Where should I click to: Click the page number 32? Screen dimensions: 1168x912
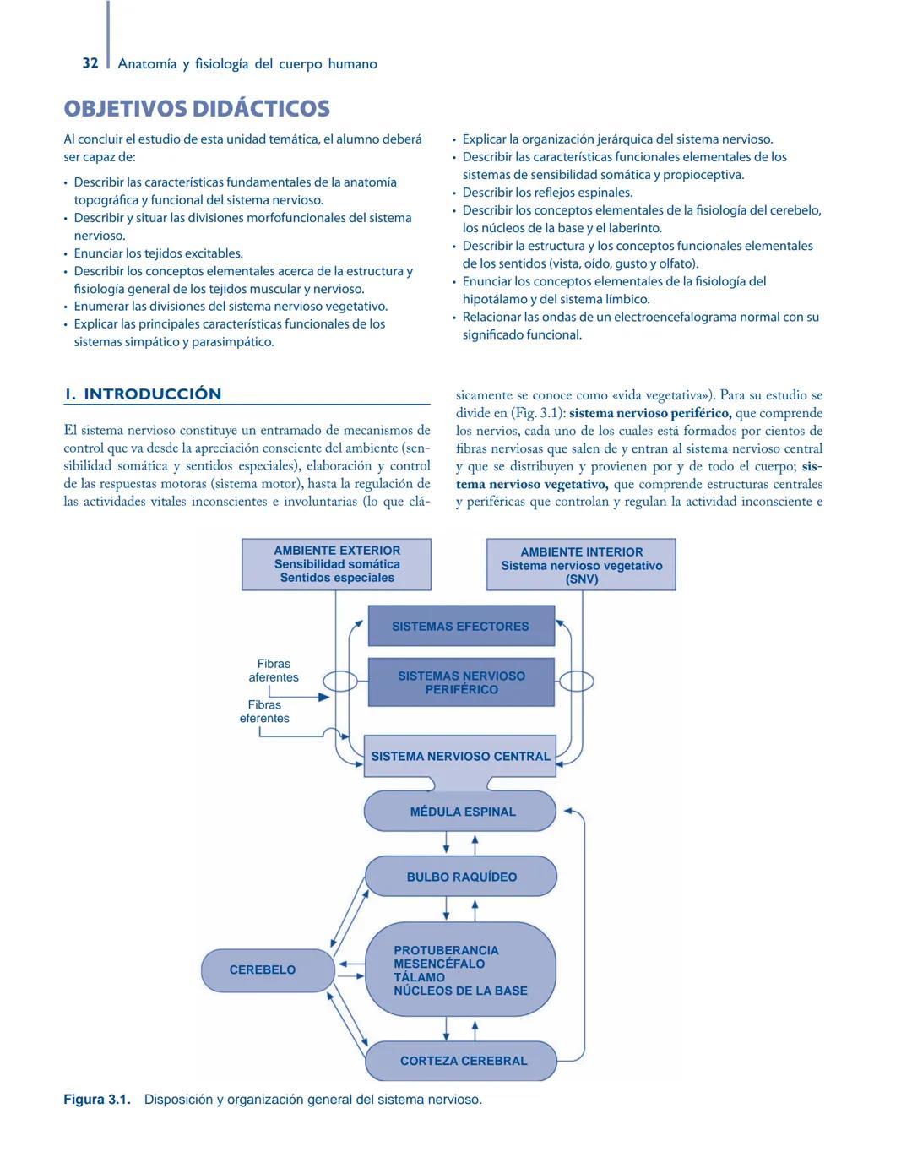(90, 63)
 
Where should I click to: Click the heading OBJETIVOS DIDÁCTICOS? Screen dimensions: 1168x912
(197, 109)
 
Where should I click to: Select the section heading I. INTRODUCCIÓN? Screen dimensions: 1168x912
(144, 394)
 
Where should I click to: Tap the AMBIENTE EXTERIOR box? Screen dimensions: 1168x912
(337, 564)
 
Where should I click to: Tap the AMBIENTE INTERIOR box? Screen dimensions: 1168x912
(581, 565)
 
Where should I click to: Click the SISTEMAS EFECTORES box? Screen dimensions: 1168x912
(461, 627)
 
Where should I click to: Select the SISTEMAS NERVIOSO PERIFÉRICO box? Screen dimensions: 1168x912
(461, 682)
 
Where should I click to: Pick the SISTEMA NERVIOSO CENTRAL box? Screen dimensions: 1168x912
(460, 757)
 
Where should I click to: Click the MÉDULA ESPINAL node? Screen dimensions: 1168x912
(461, 812)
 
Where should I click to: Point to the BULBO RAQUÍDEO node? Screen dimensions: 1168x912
(461, 877)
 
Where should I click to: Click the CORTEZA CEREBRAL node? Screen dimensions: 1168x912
(462, 1061)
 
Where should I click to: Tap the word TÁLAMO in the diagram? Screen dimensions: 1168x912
(419, 977)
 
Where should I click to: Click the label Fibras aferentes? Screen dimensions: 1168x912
(274, 671)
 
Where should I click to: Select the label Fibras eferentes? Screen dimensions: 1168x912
(264, 711)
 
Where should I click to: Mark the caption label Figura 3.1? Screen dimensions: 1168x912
(97, 1100)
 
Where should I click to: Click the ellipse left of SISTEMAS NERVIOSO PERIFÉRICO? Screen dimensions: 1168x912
(341, 681)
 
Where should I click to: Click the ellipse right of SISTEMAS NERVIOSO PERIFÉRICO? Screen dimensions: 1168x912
(577, 681)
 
